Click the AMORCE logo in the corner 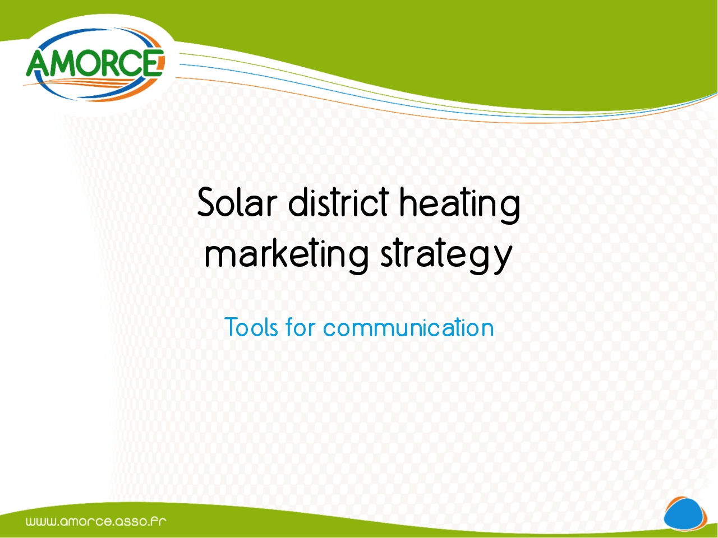(95, 64)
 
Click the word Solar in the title (237, 202)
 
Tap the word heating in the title (460, 206)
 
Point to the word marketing (287, 256)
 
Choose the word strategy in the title (446, 256)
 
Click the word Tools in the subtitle (251, 327)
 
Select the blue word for (300, 327)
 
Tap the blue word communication (408, 327)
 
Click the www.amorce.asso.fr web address (96, 521)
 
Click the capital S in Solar (208, 202)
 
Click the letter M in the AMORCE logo (68, 63)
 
